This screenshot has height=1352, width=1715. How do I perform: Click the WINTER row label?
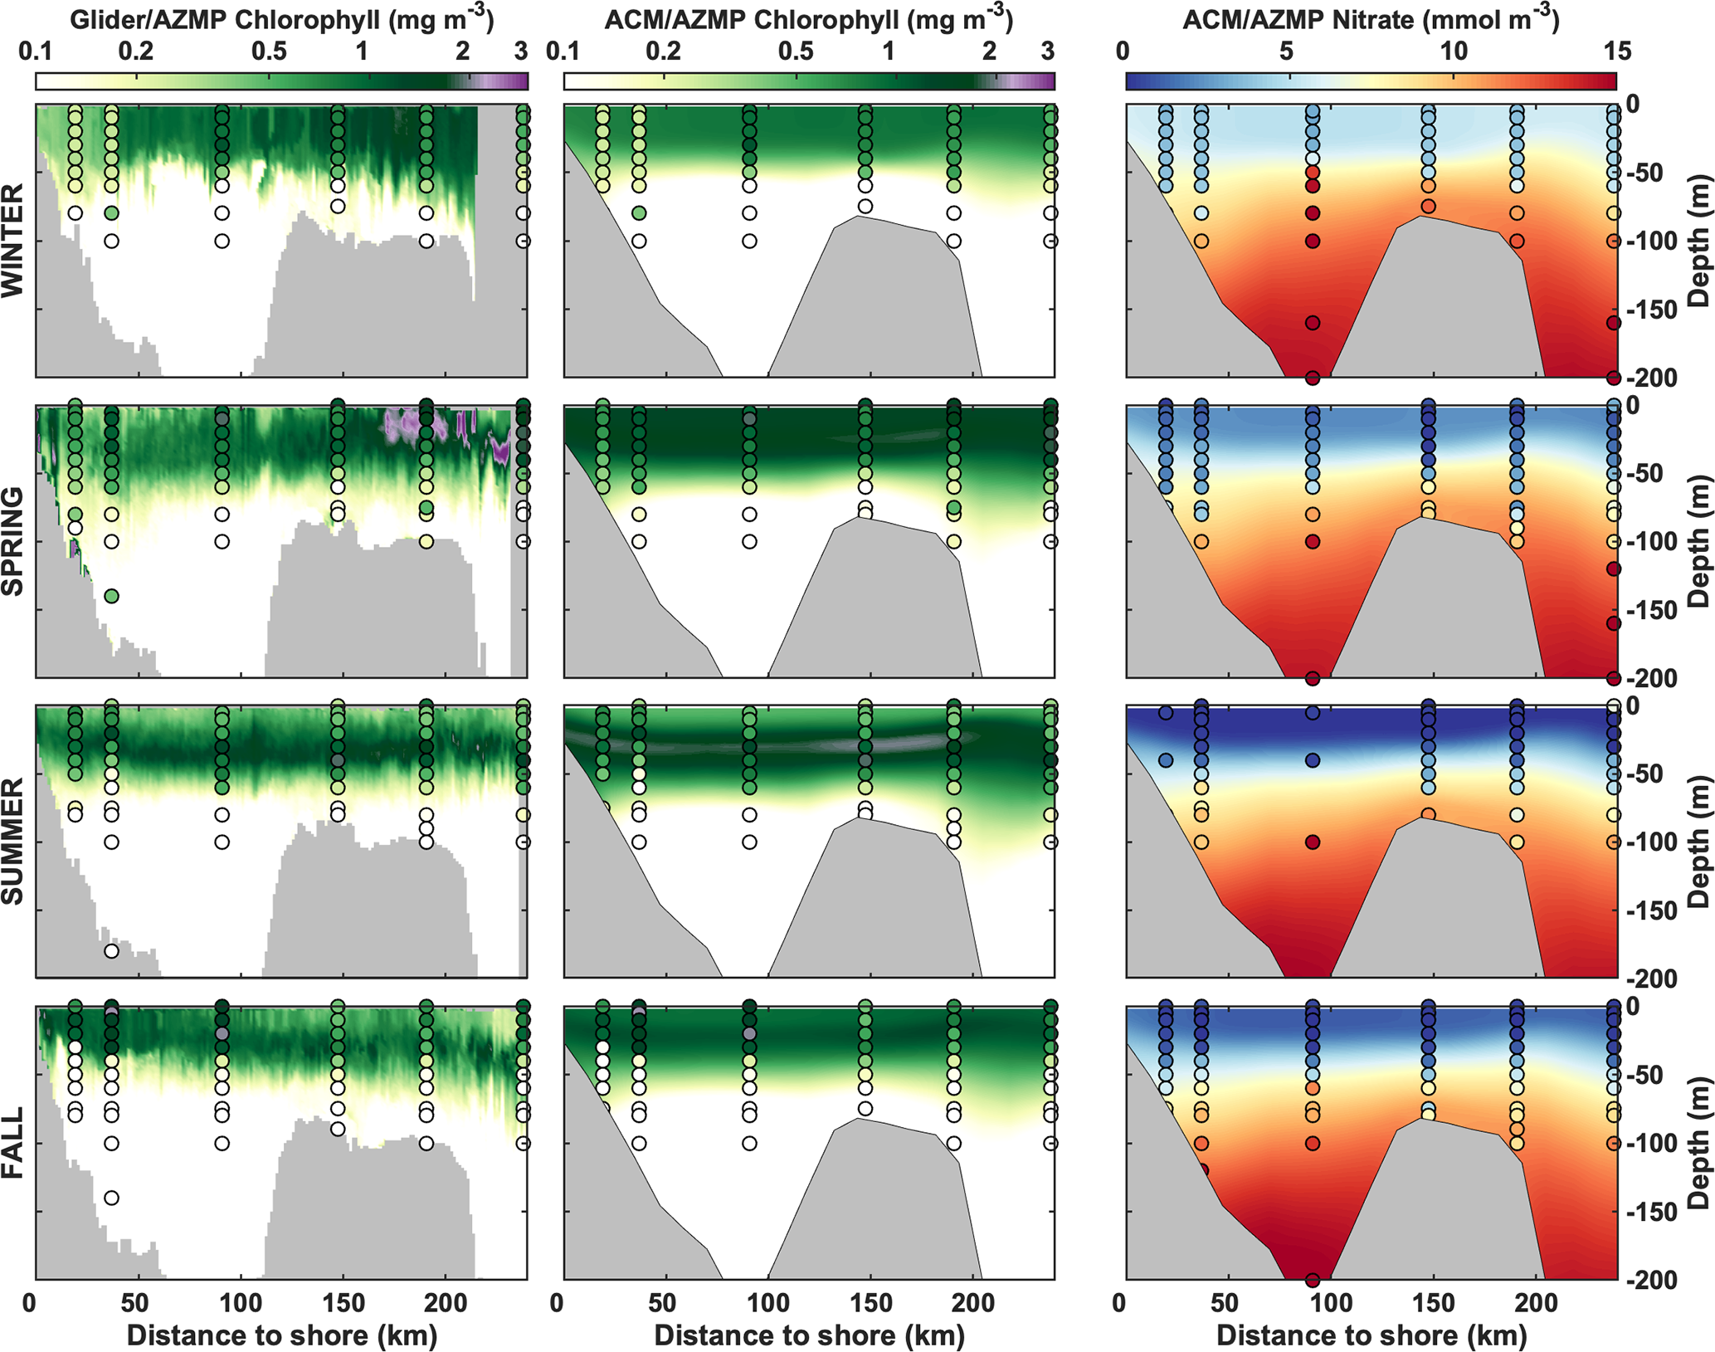click(x=12, y=242)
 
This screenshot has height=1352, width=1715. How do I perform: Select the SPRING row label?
click(x=12, y=541)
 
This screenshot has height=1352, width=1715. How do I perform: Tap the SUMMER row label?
click(x=12, y=841)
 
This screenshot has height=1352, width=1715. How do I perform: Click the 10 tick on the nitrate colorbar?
click(x=1453, y=51)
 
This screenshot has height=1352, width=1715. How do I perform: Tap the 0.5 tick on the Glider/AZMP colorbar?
click(x=269, y=51)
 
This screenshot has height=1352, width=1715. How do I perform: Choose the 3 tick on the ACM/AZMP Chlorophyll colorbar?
click(x=1048, y=51)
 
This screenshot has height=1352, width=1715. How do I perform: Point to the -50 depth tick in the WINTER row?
click(x=1644, y=173)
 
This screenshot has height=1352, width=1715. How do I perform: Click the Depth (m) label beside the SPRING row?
click(x=1699, y=541)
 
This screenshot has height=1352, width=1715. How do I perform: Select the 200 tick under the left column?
click(x=446, y=1304)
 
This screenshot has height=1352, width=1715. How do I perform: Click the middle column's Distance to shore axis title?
click(x=809, y=1335)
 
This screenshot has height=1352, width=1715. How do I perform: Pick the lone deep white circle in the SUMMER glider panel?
click(x=111, y=951)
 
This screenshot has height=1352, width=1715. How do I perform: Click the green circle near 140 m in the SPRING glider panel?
click(x=111, y=596)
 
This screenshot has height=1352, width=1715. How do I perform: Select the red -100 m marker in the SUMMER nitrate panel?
click(x=1313, y=842)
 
